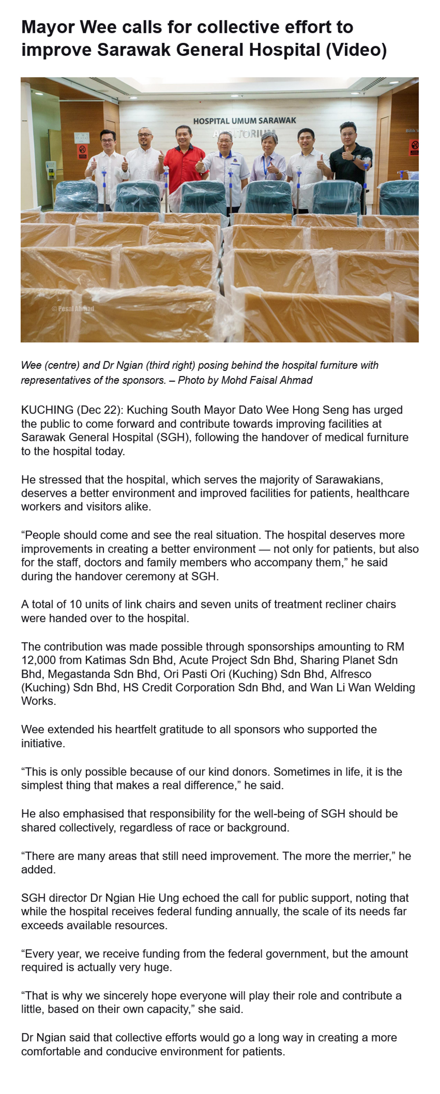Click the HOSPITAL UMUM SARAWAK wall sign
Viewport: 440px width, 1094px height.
tap(245, 121)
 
